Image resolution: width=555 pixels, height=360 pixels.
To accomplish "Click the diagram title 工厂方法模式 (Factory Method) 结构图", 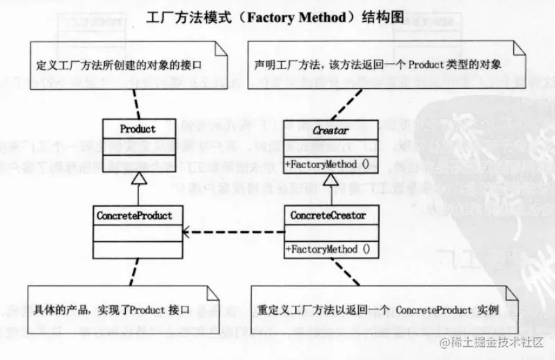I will [276, 16].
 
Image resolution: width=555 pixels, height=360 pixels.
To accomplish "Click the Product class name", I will [138, 129].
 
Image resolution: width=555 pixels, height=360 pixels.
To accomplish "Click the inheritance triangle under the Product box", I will [138, 179].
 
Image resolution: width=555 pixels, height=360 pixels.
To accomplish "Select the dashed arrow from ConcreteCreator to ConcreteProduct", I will [233, 232].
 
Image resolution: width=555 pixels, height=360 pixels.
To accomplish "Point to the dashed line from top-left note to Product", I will [131, 99].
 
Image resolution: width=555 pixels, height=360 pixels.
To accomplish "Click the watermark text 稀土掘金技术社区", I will [495, 342].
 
